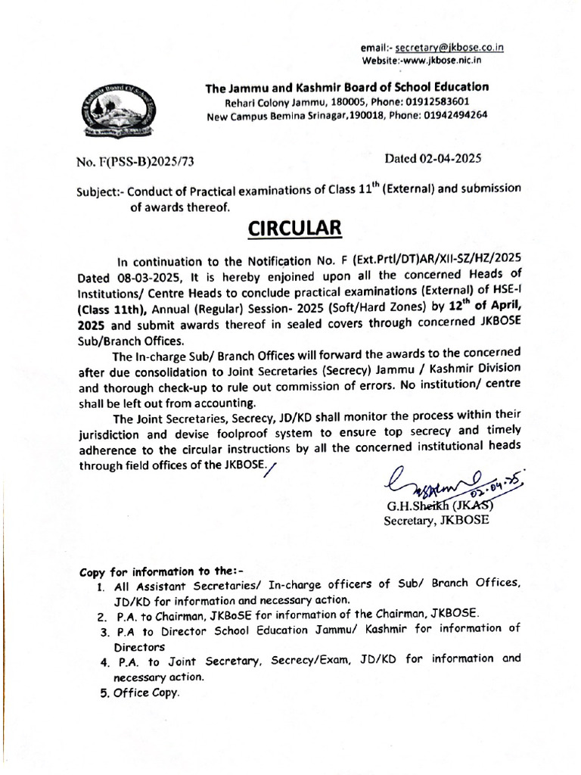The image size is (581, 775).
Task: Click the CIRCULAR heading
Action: (x=291, y=228)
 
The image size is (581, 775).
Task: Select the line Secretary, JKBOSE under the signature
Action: (x=437, y=521)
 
